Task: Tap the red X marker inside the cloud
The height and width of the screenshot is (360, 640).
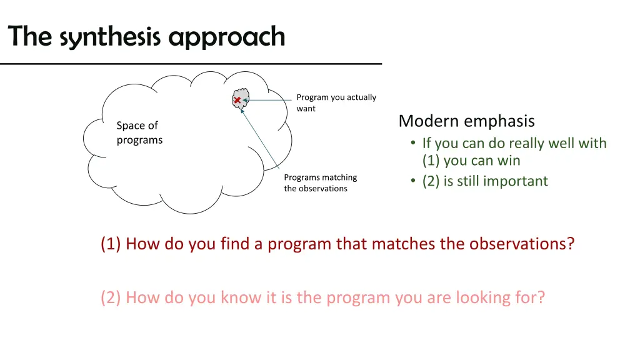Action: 237,101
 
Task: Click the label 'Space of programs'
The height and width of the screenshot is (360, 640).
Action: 139,132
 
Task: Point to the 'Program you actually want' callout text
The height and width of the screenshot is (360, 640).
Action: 336,102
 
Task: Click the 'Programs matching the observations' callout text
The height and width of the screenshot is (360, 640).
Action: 320,183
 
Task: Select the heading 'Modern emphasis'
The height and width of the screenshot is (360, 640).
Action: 466,121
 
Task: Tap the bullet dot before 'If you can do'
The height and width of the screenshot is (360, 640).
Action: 413,144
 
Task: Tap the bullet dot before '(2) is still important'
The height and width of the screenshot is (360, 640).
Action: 413,181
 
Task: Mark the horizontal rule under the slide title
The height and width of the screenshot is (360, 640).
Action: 191,64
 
